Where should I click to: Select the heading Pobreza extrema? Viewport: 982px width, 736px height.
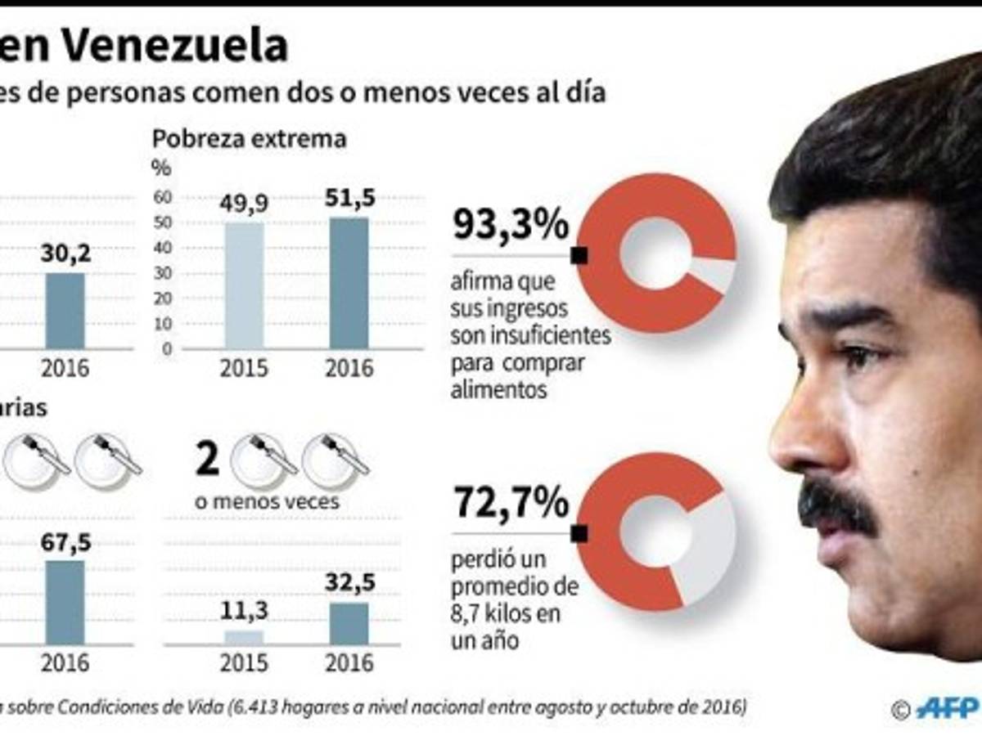click(250, 139)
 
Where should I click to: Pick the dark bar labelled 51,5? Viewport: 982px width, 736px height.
click(349, 283)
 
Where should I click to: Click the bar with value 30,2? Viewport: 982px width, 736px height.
click(65, 310)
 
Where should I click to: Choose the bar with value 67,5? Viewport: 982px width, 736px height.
click(65, 602)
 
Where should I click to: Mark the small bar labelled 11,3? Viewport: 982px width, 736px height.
click(244, 637)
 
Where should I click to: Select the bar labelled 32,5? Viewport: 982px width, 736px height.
click(349, 623)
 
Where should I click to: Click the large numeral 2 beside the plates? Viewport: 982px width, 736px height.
click(208, 460)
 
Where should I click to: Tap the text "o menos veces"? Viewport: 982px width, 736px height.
click(267, 501)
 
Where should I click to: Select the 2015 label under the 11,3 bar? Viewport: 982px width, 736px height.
click(244, 663)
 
